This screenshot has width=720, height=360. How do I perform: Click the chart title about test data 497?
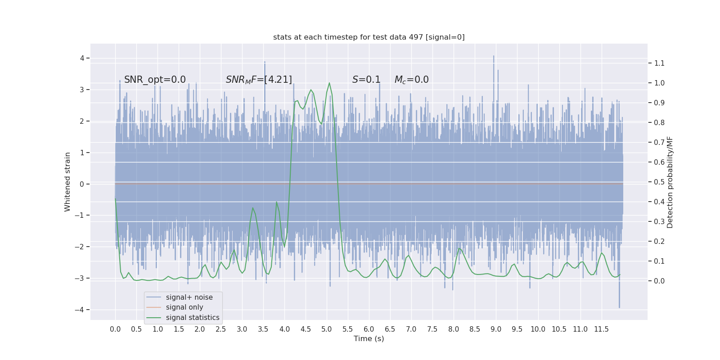369,37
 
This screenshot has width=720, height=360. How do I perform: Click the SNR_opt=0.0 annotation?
155,80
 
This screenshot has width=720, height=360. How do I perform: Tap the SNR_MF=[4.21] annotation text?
259,80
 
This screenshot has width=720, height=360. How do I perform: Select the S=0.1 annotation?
366,80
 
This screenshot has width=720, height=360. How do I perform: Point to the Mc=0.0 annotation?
411,80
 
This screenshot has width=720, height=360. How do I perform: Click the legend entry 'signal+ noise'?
189,297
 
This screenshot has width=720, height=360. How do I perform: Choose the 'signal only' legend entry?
184,307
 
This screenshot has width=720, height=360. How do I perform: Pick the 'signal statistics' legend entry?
193,318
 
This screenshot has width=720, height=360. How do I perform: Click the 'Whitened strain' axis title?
67,182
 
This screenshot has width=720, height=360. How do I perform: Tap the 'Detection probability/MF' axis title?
670,182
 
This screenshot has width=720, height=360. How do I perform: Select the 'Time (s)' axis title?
369,339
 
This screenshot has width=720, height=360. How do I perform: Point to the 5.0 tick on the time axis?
327,329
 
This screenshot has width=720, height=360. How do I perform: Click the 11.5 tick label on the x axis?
601,329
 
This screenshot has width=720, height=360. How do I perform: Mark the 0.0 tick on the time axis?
115,329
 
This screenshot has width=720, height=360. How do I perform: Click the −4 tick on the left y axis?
82,310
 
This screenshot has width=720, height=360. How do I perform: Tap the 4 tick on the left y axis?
82,58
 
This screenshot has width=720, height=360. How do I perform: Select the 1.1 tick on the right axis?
659,63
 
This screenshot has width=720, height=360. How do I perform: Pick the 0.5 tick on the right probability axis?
659,182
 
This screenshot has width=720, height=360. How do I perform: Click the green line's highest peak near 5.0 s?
329,83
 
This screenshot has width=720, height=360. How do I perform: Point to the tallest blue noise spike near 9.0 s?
494,56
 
